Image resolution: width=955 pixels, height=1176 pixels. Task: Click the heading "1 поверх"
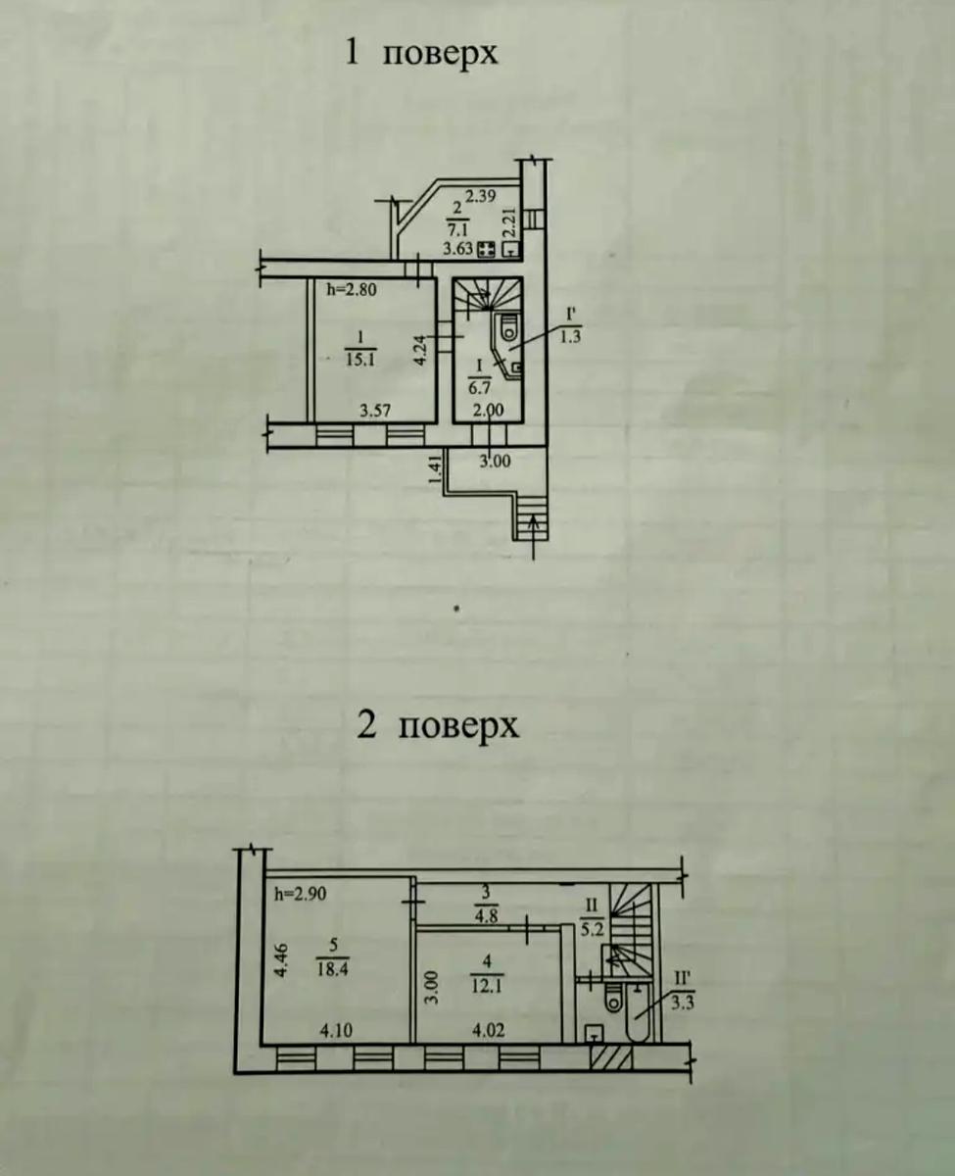coord(422,52)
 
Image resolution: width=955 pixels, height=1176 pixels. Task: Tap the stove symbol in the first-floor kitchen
coord(484,250)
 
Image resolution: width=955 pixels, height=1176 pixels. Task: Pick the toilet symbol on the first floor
coord(506,327)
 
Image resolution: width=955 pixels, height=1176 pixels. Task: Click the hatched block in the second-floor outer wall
coord(607,1058)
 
